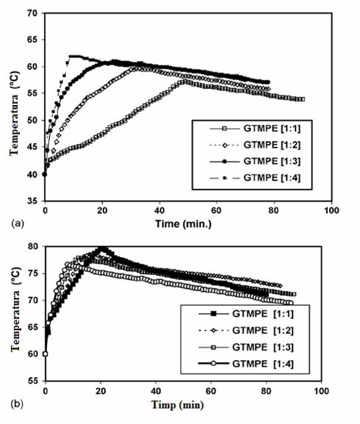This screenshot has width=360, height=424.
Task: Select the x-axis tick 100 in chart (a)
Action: click(x=331, y=210)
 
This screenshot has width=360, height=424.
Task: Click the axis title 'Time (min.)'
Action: click(x=183, y=224)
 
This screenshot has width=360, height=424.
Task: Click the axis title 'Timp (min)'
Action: click(x=178, y=405)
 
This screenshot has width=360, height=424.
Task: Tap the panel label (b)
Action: click(x=17, y=404)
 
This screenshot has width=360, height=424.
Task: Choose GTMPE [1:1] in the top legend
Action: click(x=272, y=128)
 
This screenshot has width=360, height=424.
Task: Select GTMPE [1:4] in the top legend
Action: click(x=272, y=178)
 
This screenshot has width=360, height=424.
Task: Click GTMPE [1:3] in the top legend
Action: click(x=272, y=161)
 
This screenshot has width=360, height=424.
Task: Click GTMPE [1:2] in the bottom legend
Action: click(x=263, y=331)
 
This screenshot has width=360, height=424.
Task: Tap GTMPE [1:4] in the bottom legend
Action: click(x=263, y=364)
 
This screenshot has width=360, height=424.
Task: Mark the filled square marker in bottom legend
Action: click(x=214, y=314)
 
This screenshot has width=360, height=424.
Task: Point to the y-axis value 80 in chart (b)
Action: click(x=34, y=246)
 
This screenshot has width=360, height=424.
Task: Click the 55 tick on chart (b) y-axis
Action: click(x=34, y=381)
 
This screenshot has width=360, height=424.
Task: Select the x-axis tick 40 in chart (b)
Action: click(x=156, y=391)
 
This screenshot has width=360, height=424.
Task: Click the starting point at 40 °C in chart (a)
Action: click(x=45, y=174)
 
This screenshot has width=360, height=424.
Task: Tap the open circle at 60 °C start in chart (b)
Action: click(x=46, y=354)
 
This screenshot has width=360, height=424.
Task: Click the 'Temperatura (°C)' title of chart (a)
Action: click(x=14, y=113)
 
